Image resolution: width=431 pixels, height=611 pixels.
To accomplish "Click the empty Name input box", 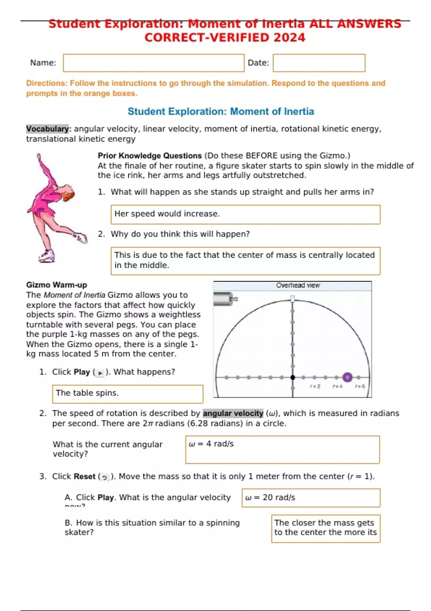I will point(154,63).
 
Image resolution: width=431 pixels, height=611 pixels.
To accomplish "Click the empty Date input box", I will point(319,63).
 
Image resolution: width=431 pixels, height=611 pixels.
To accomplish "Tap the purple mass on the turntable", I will point(347,377).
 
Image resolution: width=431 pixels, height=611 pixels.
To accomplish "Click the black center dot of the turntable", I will point(293,377).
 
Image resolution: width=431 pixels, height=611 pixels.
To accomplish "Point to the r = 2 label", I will point(315,386).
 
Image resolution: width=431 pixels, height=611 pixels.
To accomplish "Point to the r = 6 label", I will point(360,386).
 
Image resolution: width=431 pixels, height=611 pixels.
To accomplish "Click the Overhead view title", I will point(298,285).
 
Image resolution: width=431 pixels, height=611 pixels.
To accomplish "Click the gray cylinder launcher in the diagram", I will point(223,299).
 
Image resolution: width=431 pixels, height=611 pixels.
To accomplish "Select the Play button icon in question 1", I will point(100,373).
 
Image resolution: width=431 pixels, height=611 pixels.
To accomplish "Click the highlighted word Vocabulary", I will point(47,129).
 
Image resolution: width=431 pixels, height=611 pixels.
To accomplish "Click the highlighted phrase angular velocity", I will point(233,413).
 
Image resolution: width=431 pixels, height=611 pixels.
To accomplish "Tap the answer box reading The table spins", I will point(128,394).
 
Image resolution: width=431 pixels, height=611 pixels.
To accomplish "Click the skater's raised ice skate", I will point(81,238).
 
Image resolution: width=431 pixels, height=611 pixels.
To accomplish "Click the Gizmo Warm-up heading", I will point(56,285).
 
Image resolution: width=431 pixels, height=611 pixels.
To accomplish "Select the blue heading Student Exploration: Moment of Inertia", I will point(221,111).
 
